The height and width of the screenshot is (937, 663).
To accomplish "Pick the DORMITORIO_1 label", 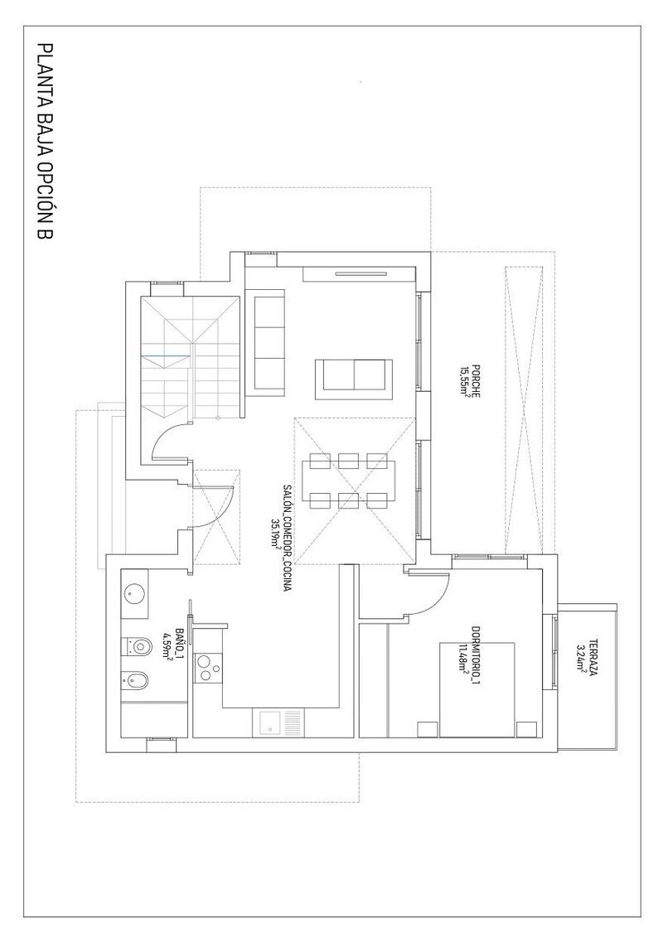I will [x=476, y=655].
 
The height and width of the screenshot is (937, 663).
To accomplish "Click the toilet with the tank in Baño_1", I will [x=138, y=645].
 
